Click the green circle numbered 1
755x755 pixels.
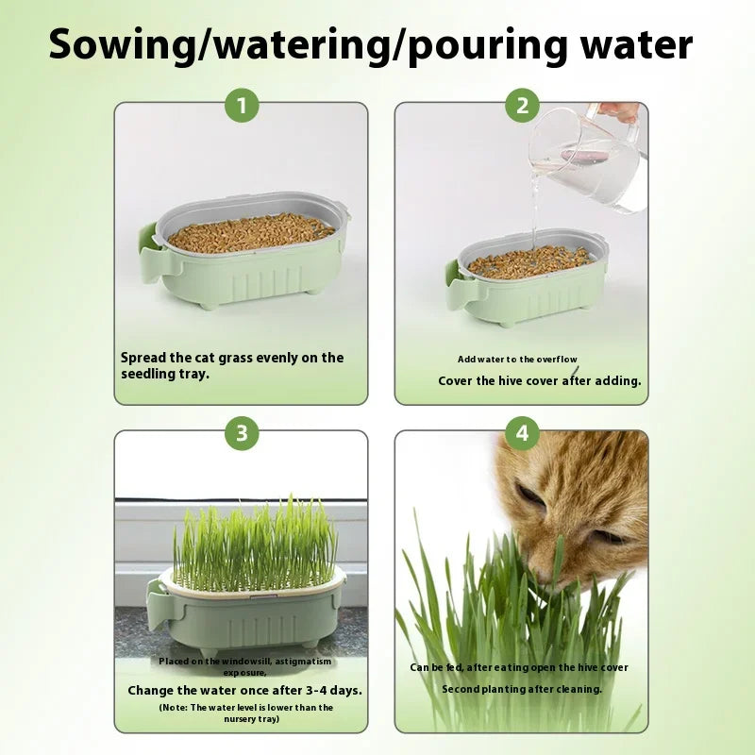pyautogui.click(x=242, y=107)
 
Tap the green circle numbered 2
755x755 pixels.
pyautogui.click(x=522, y=107)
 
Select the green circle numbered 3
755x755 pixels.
pyautogui.click(x=242, y=434)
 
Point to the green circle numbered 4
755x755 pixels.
pyautogui.click(x=522, y=434)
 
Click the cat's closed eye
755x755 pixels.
pyautogui.click(x=531, y=495)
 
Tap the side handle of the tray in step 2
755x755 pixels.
pyautogui.click(x=454, y=279)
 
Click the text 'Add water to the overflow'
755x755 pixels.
pyautogui.click(x=517, y=360)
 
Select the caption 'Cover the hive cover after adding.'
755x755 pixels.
pyautogui.click(x=539, y=381)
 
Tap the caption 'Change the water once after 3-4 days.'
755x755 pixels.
pyautogui.click(x=244, y=690)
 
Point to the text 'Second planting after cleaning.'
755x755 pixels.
pyautogui.click(x=522, y=689)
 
